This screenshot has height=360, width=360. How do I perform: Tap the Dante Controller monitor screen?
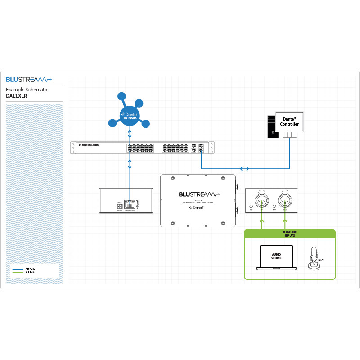coord(289,121)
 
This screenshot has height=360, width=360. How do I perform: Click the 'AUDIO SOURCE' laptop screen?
coord(276,256)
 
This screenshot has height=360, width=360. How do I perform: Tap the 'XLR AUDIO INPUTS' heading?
coord(289,234)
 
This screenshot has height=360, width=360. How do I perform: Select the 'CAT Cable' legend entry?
coord(30,269)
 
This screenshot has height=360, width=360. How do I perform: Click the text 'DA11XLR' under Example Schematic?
coord(16,96)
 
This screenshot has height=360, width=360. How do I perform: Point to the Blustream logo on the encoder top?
coord(198,194)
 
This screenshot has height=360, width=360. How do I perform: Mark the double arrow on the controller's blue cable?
coord(245,169)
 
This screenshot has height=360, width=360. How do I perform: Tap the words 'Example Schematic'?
coord(27,90)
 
